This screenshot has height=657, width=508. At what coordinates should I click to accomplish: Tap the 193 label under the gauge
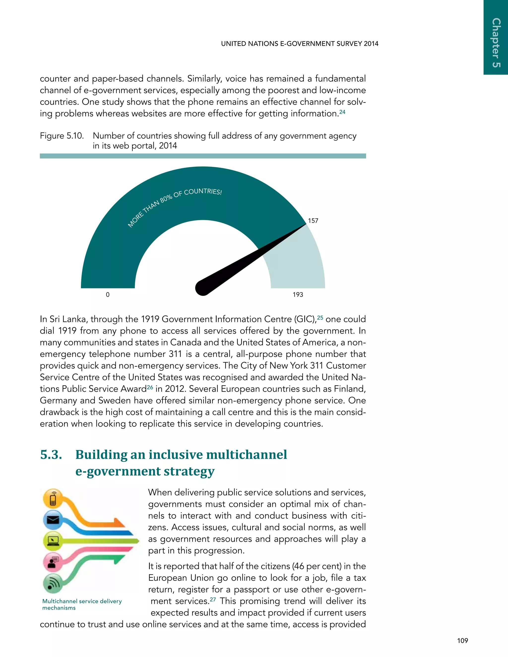(x=298, y=295)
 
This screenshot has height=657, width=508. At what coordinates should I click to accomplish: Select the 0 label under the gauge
(x=108, y=295)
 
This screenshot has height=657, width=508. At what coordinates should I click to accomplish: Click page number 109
(x=462, y=641)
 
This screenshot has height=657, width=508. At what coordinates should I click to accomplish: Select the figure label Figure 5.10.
(x=62, y=136)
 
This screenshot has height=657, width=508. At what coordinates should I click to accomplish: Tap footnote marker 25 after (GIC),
(x=320, y=318)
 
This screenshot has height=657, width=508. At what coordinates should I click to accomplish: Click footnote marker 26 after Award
(x=150, y=388)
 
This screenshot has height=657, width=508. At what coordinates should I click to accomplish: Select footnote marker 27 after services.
(x=213, y=599)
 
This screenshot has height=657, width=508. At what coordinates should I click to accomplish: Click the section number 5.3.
(x=51, y=454)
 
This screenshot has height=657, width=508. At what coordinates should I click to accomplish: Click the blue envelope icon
(x=53, y=519)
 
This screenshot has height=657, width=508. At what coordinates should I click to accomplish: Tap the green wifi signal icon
(x=53, y=584)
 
